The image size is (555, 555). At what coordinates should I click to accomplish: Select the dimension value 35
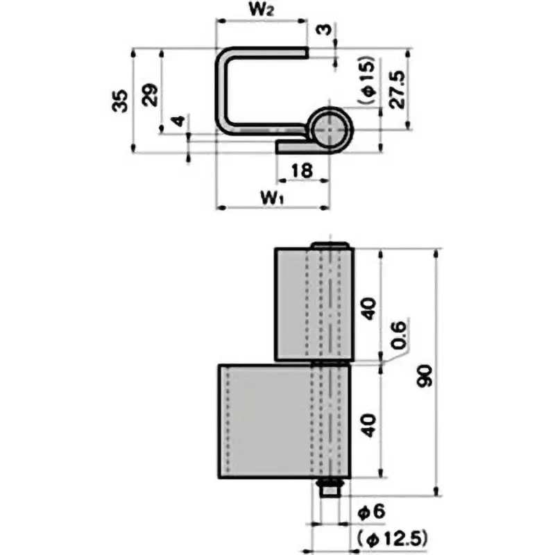point(119,100)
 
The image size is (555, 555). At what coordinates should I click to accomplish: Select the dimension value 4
point(179,122)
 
